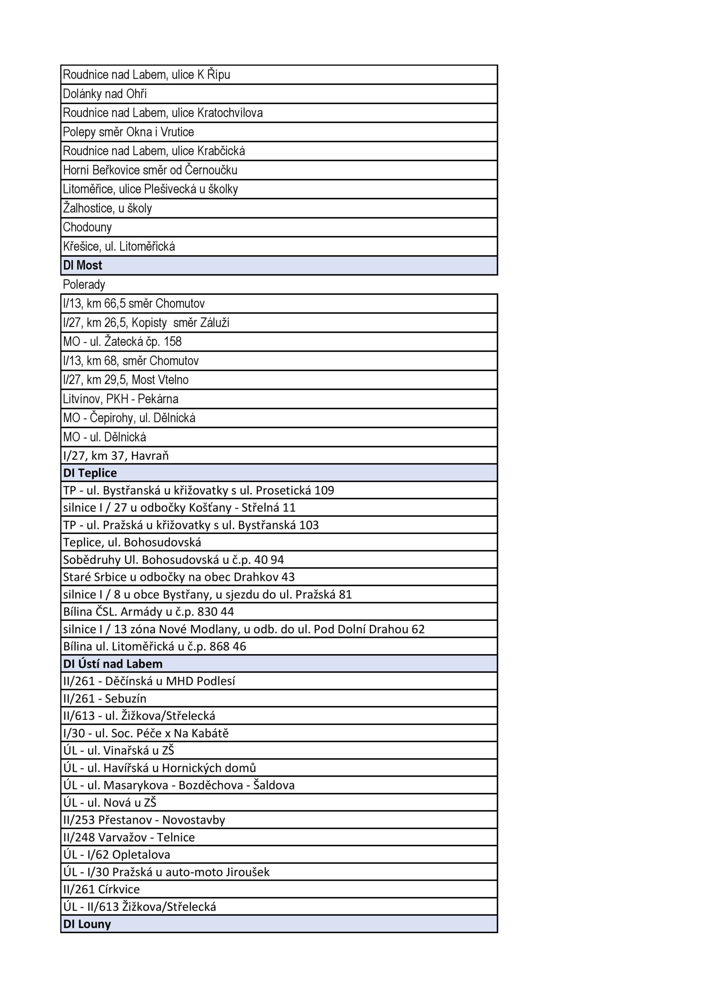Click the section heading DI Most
(83, 265)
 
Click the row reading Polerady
(84, 285)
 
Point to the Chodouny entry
(87, 227)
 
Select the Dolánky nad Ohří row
(105, 94)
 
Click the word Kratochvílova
(230, 113)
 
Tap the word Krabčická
(221, 151)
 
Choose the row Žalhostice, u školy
(107, 208)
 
